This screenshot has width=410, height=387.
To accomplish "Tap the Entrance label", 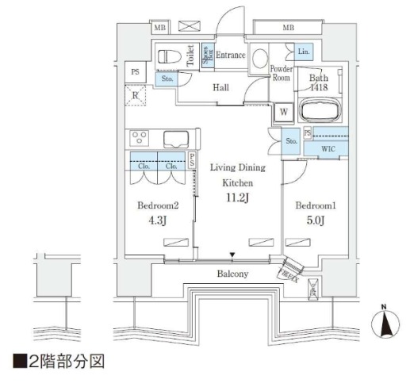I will click(x=231, y=55).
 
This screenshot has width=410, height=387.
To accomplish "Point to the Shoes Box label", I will click(x=205, y=56).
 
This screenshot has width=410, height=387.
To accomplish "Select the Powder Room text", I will click(x=282, y=73).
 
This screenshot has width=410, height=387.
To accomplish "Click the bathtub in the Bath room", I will click(x=320, y=109).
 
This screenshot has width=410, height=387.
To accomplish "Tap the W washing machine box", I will click(x=282, y=113).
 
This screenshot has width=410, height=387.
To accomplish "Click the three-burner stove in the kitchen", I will click(x=140, y=137).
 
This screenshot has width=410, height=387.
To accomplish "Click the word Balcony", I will click(x=232, y=274).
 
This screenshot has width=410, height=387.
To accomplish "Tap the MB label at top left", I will click(x=159, y=28).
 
